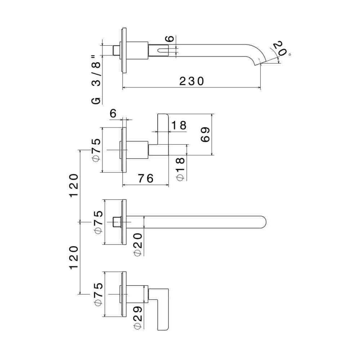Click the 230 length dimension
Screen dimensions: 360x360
192,81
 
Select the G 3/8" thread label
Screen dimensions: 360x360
96,80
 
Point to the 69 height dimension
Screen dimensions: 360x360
205,135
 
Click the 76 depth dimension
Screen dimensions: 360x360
145,179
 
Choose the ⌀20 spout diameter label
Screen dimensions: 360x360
138,244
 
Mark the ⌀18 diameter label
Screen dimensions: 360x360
180,169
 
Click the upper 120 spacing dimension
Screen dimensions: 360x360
74,185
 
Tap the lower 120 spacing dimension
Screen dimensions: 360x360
74,258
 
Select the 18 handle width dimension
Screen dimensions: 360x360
179,125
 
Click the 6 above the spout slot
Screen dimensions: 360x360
170,39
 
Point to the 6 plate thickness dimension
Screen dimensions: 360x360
113,113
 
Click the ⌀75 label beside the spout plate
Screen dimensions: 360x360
99,222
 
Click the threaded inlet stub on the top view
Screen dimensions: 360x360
117,50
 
